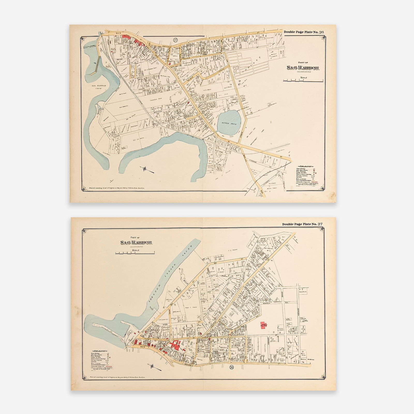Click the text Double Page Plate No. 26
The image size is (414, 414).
coord(304,32)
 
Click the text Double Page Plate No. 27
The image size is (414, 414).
coord(302,224)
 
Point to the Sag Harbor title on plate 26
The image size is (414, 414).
coord(303,68)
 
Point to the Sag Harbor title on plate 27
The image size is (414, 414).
coord(136,242)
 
